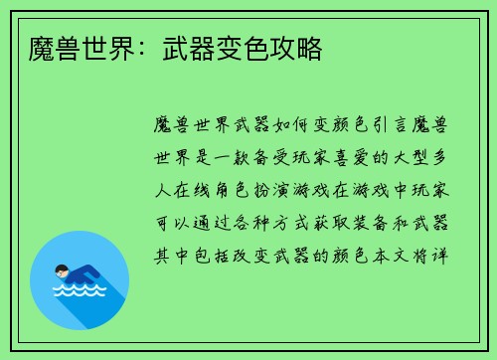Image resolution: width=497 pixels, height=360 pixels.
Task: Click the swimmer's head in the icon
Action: (x=62, y=270)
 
